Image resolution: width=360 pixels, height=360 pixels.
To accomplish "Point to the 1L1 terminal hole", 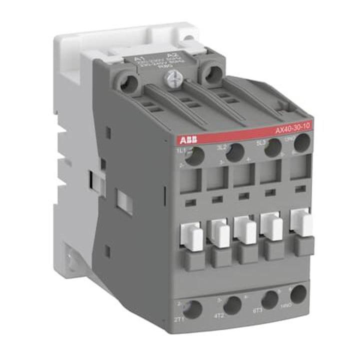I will tap(196, 156).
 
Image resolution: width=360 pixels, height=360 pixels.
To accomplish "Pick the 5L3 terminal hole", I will tap(271, 149).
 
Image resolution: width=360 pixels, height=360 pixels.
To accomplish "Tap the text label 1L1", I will tap(181, 150).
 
